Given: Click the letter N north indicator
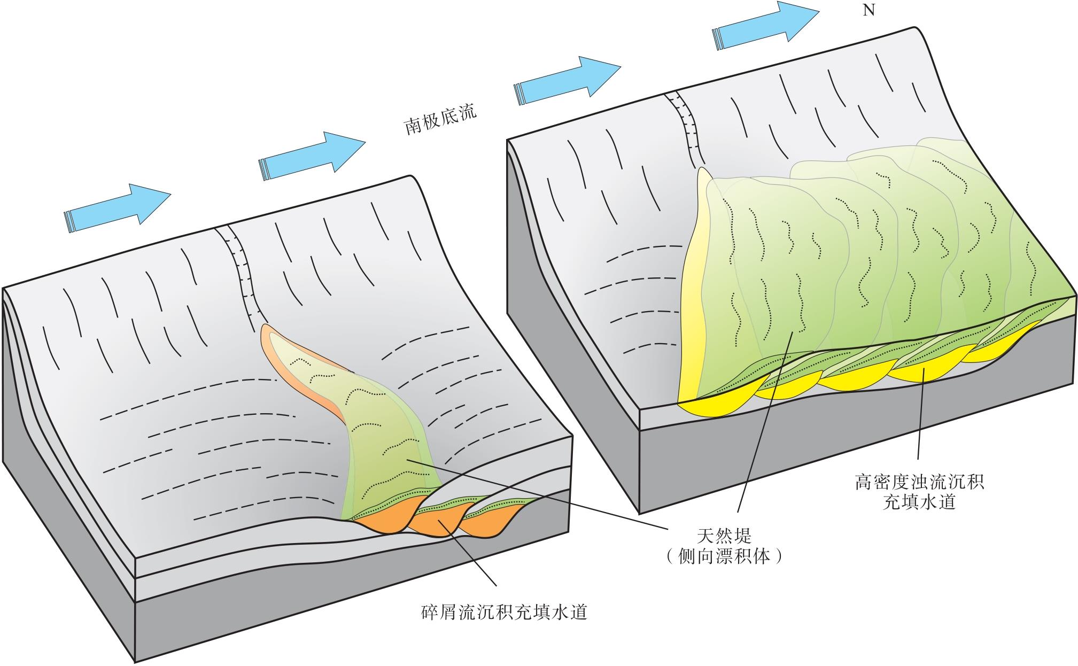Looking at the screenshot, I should point(869,10).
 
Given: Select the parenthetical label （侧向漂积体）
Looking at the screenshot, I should point(724,557).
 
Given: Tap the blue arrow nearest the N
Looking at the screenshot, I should point(765,27).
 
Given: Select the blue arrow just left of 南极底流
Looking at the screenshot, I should point(312,155).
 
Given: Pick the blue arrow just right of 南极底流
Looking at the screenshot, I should point(567,79).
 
